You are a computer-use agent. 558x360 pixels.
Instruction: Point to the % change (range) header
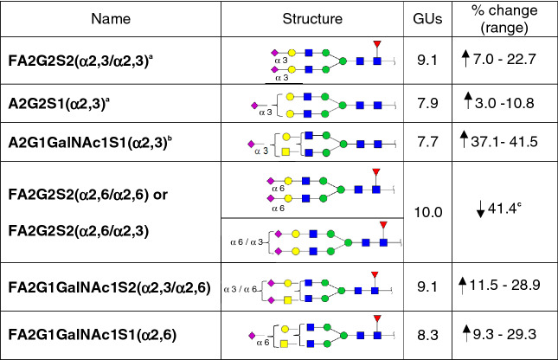pos(505,19)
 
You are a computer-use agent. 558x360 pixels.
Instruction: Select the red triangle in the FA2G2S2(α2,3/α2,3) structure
pos(375,44)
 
